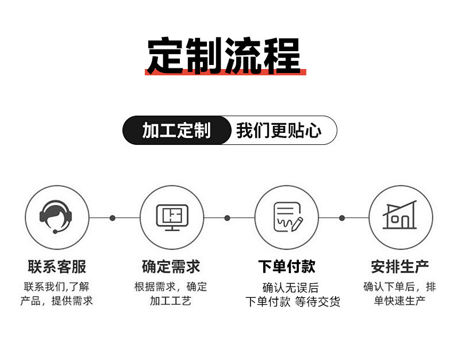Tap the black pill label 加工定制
[x=176, y=131]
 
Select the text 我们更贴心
[x=279, y=131]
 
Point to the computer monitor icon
[x=172, y=217]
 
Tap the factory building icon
[x=400, y=217]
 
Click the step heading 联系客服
[x=57, y=267]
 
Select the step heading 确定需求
[x=171, y=267]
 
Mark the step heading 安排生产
[x=400, y=267]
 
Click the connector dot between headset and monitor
[x=113, y=218]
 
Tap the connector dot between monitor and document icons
[x=227, y=218]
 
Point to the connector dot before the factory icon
[x=342, y=218]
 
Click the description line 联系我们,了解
[x=56, y=286]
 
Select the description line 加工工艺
[x=171, y=301]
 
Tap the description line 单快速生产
[x=399, y=301]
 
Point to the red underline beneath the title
[x=225, y=72]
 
